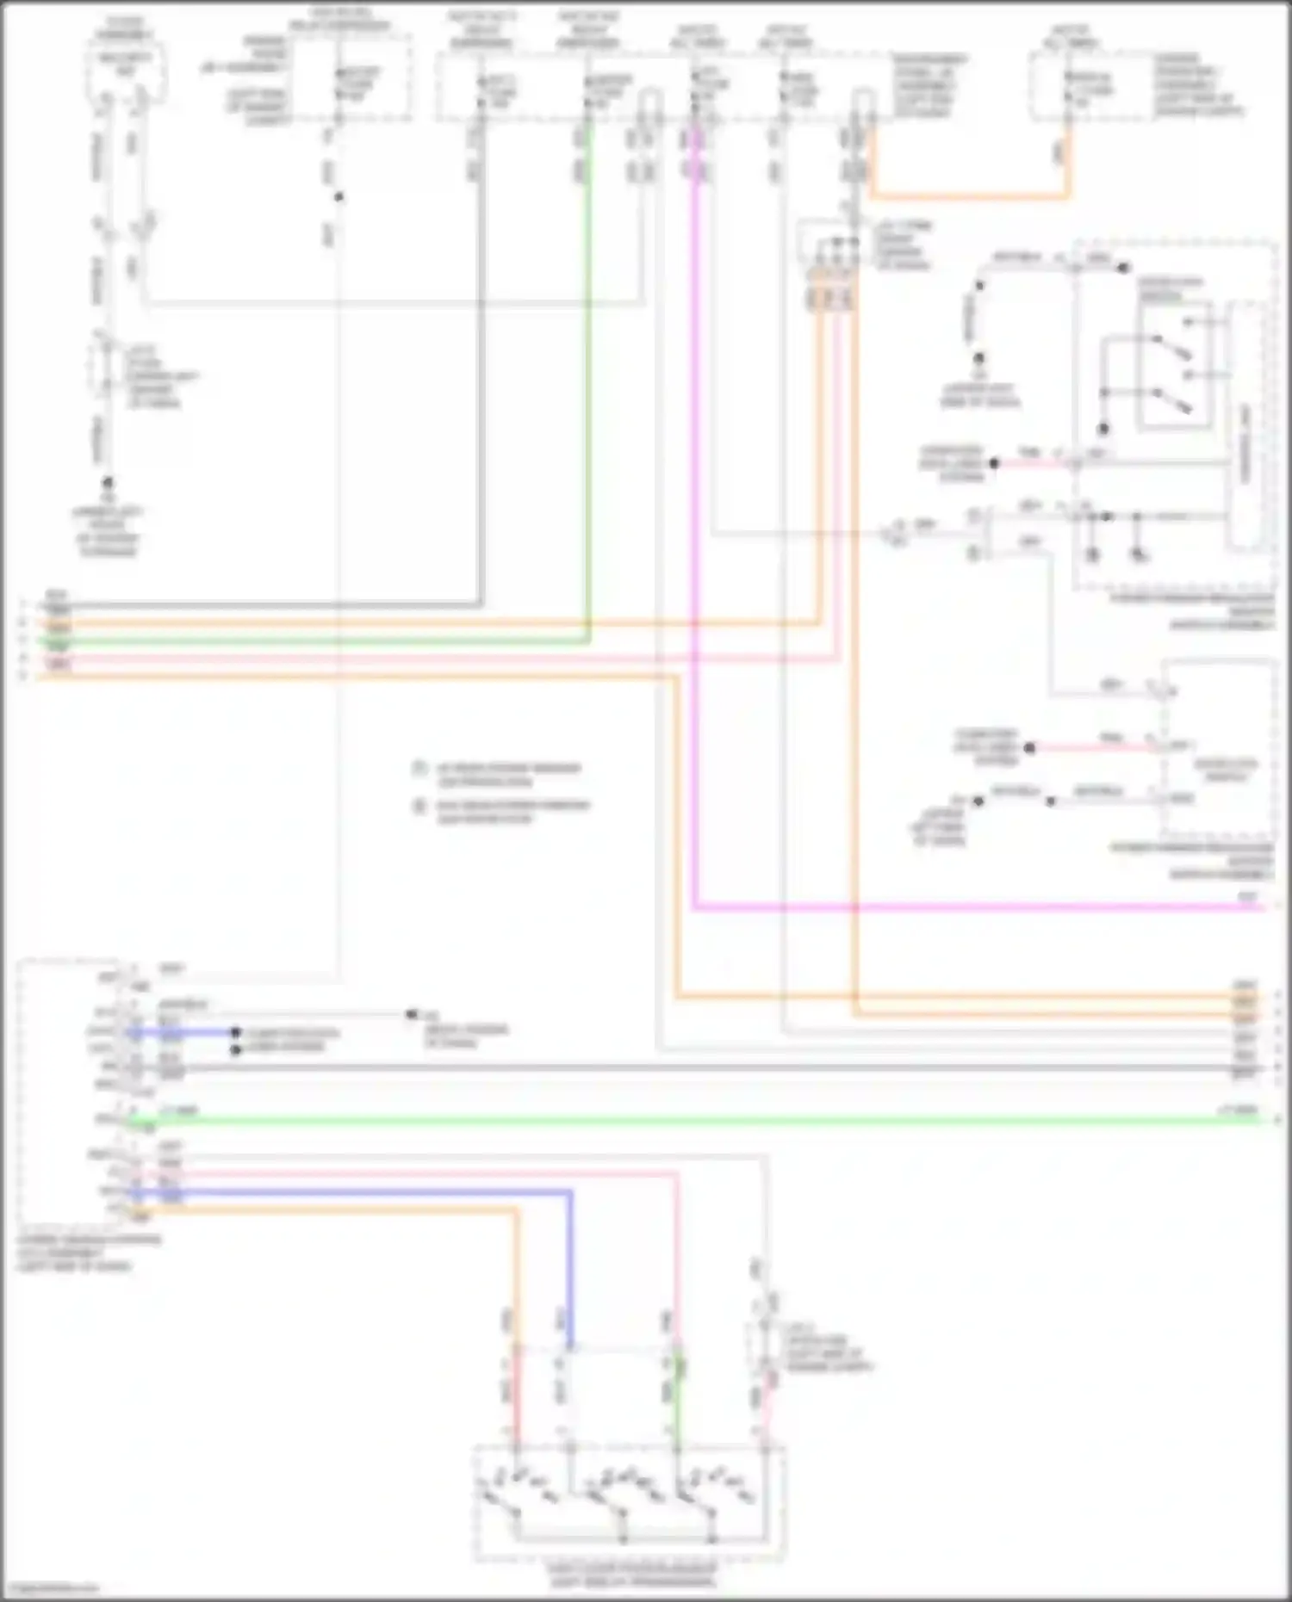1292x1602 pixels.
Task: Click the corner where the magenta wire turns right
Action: pos(694,906)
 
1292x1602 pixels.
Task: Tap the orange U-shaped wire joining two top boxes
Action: pos(970,195)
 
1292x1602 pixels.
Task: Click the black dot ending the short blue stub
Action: pos(235,1032)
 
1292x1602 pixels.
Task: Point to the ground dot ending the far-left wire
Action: pos(108,483)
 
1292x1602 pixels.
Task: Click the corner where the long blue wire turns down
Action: pos(569,1193)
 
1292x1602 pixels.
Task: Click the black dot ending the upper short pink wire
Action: pos(994,463)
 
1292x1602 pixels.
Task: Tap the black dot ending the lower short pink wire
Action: pos(1028,747)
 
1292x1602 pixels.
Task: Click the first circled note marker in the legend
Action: pos(419,768)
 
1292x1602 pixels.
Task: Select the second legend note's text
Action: pos(512,812)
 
